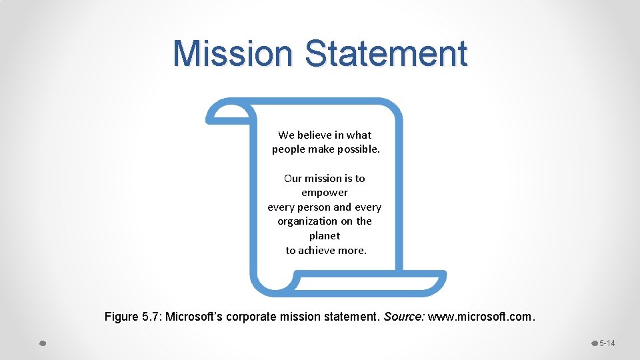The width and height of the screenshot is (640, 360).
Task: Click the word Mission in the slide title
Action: (x=232, y=54)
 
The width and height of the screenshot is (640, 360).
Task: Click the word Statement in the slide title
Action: (x=387, y=54)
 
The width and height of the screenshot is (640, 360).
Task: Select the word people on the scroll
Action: (x=288, y=149)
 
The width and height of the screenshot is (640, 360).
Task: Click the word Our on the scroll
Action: (x=293, y=178)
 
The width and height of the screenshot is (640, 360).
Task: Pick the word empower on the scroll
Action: (x=325, y=193)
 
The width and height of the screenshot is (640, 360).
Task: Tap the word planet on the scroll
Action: (x=325, y=236)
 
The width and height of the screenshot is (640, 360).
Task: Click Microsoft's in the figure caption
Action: (x=194, y=316)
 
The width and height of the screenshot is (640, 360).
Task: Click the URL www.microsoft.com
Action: (x=480, y=316)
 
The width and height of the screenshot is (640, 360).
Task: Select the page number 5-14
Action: (x=607, y=343)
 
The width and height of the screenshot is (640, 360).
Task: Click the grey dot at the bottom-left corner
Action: (x=42, y=343)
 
